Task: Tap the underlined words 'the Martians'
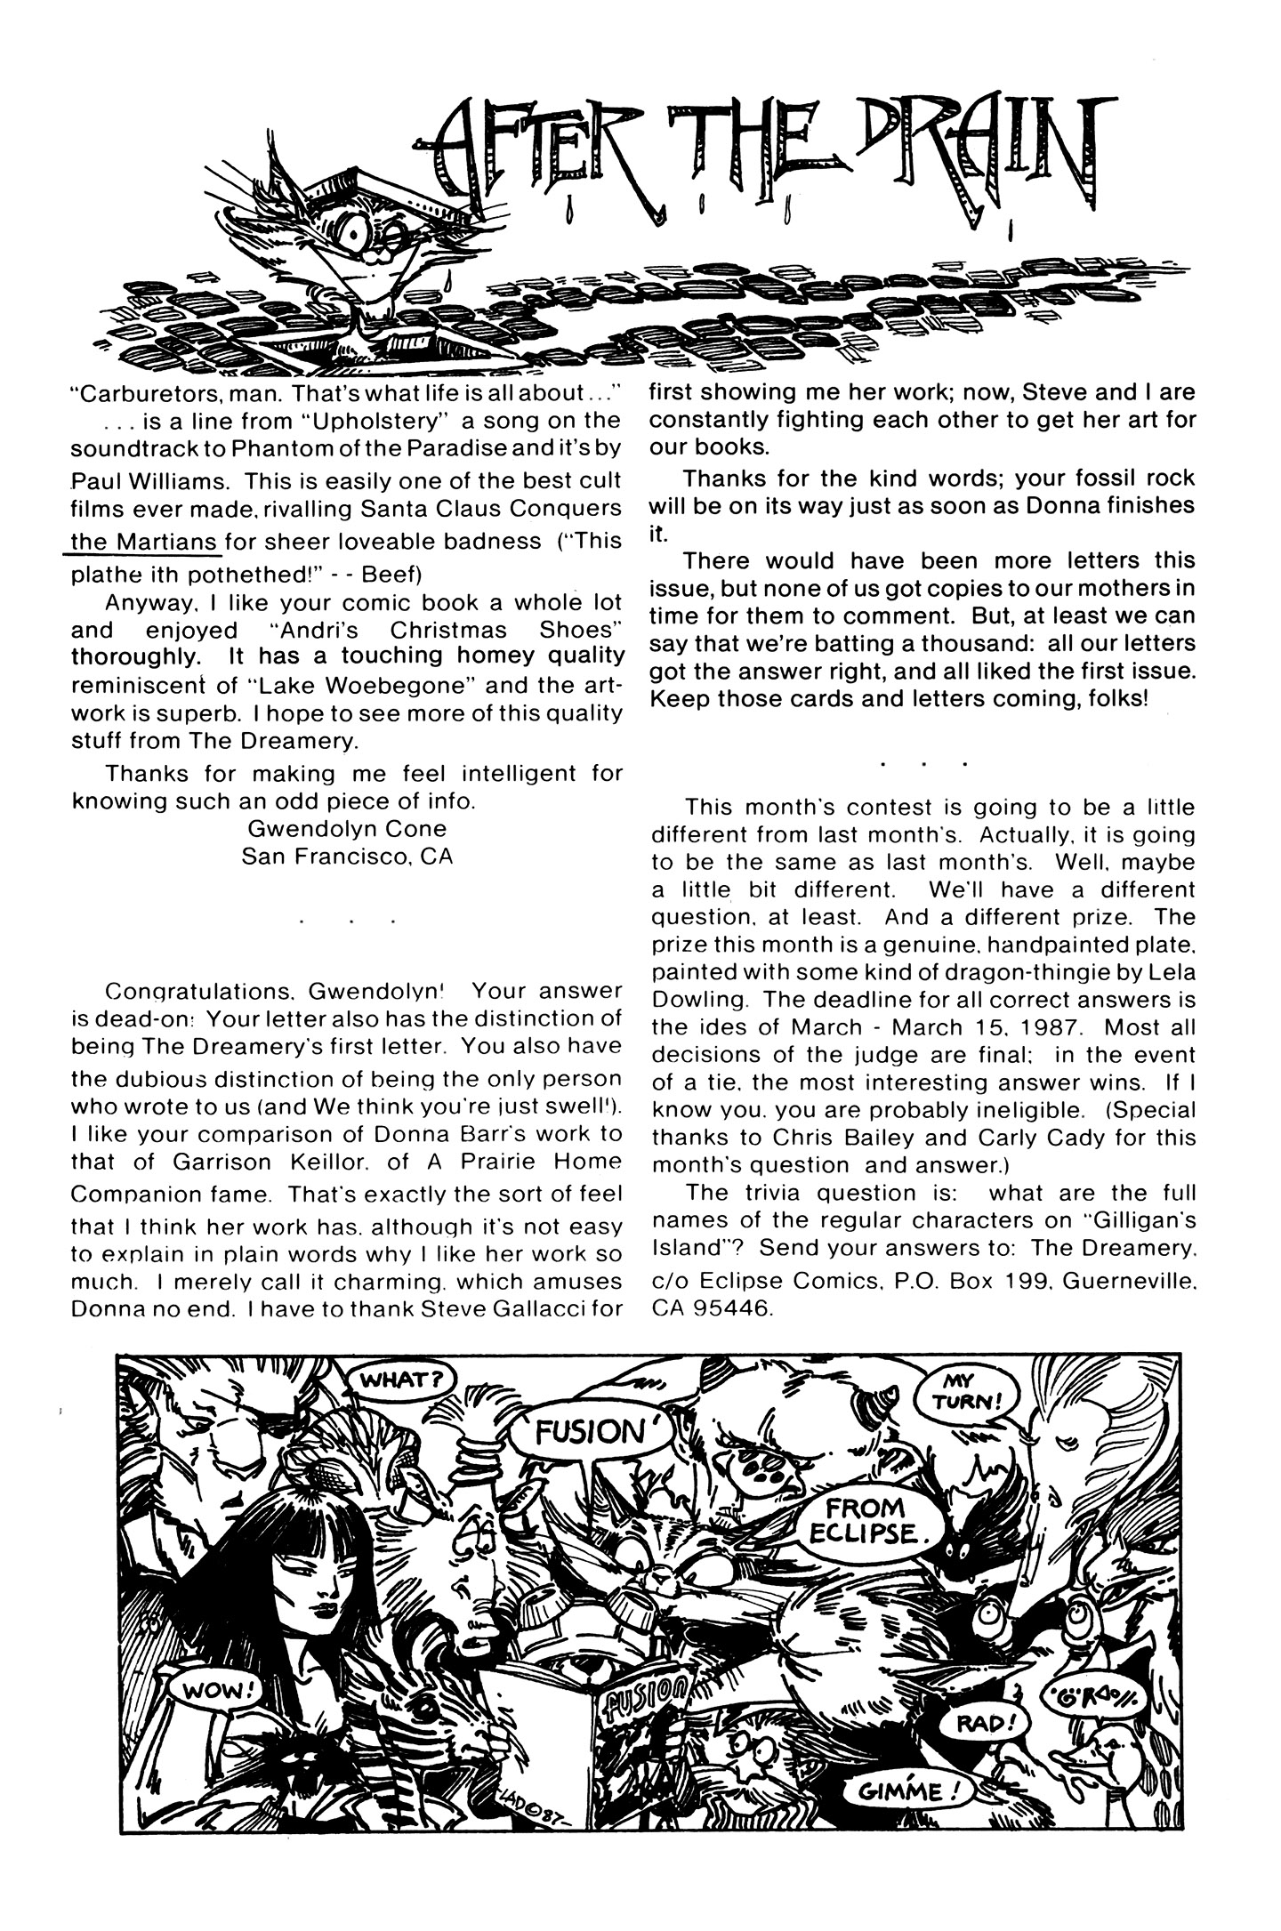(x=144, y=542)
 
